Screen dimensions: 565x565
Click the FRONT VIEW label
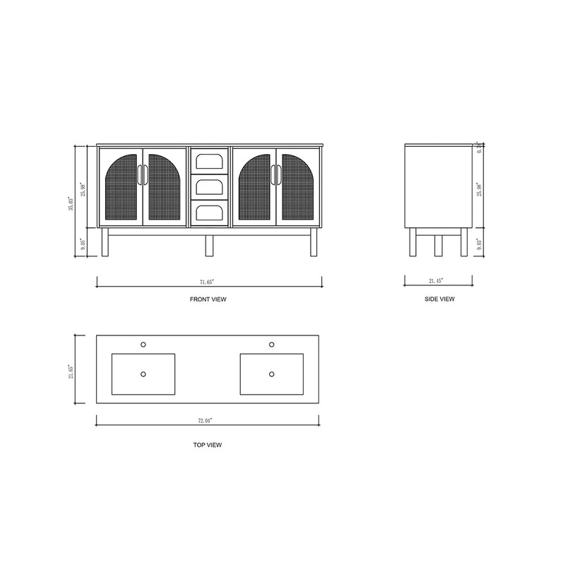208,299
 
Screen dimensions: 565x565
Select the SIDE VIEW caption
439,299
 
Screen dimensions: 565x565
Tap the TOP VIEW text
209,445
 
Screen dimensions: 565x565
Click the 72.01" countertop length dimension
205,420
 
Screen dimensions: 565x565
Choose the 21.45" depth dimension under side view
436,281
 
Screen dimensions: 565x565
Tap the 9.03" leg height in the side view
480,244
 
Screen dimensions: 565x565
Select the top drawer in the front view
210,160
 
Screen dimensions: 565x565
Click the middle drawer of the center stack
210,186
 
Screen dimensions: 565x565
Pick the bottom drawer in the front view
210,213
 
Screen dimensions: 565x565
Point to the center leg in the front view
209,244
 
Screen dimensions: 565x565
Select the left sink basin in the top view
143,374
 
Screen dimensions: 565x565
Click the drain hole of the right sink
272,374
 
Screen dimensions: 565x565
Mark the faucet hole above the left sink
143,345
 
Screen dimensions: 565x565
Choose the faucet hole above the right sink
272,345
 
